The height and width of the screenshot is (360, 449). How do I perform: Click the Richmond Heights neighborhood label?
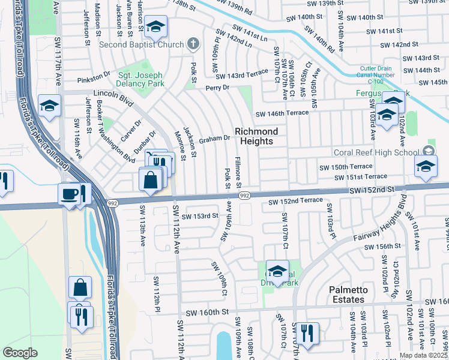256,136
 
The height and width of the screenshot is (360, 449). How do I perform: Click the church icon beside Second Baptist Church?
193,43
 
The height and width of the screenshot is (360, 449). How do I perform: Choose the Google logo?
20,353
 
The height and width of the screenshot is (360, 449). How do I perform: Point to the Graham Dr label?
215,137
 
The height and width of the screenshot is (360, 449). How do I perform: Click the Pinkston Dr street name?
94,78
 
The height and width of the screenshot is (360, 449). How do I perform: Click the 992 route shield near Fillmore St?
244,196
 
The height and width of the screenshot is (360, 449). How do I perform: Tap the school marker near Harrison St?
155,27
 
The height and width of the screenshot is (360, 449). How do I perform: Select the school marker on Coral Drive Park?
277,271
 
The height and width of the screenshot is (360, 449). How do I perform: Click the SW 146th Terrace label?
282,113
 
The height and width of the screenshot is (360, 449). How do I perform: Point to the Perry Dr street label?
217,88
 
